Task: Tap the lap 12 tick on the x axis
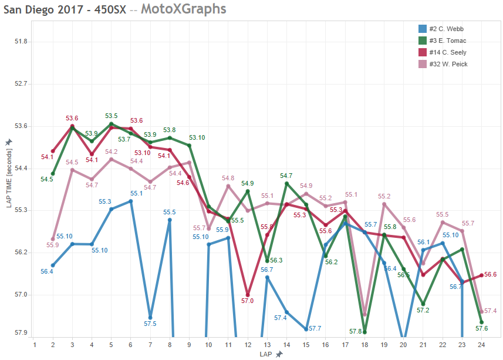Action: (x=247, y=344)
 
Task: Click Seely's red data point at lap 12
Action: (x=248, y=295)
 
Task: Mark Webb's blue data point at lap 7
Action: (x=151, y=317)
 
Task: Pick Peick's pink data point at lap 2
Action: (x=53, y=239)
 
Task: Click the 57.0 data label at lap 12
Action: (x=247, y=301)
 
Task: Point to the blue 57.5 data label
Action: (x=150, y=324)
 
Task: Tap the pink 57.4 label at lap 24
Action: (x=491, y=311)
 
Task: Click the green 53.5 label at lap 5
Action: (x=112, y=116)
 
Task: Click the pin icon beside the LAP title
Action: (x=279, y=354)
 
